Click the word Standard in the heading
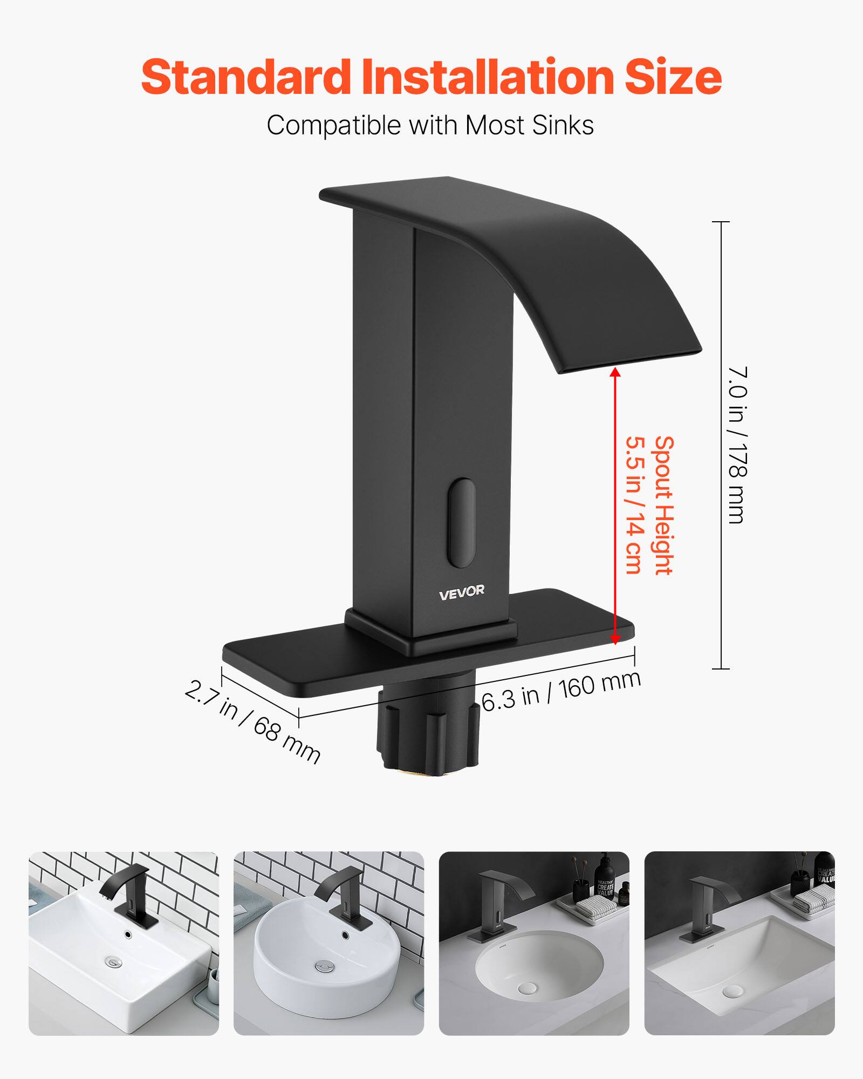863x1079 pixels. (x=246, y=77)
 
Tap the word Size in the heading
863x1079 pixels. (x=673, y=77)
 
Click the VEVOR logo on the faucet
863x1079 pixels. (x=461, y=592)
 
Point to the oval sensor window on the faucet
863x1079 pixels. (x=462, y=522)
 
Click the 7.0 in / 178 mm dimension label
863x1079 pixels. (x=737, y=445)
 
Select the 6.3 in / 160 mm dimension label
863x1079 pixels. (x=561, y=692)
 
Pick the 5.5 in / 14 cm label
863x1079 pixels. (x=635, y=506)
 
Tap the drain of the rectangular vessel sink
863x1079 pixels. (x=114, y=961)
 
